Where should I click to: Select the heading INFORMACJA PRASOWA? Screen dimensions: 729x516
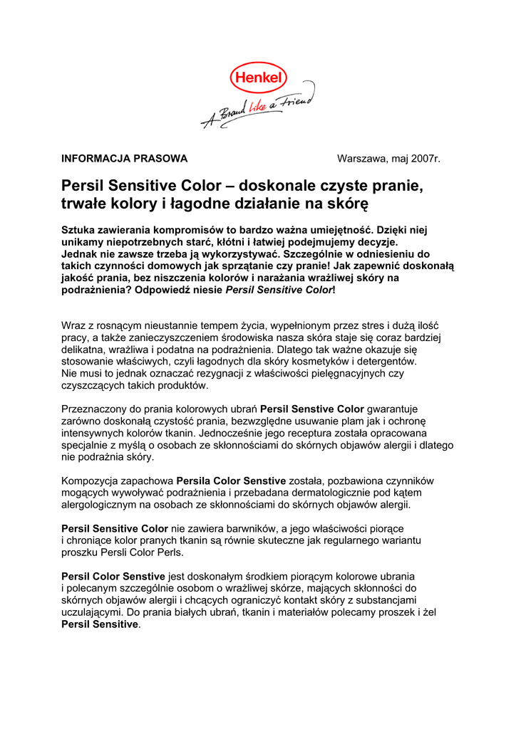(125, 158)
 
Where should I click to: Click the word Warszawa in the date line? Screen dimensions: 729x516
(361, 158)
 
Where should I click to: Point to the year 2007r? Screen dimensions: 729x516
(425, 158)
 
